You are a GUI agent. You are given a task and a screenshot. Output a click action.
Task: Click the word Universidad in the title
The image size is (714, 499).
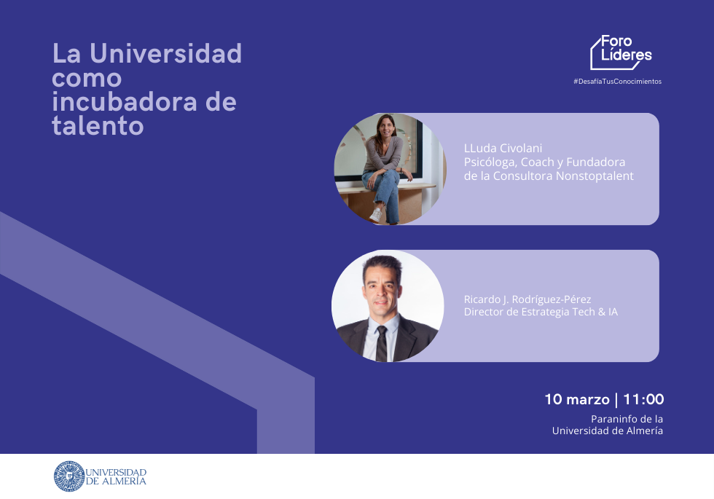166,53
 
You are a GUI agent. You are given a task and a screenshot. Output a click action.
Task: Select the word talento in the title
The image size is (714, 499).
98,125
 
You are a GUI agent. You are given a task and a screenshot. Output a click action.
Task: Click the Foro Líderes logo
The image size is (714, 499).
621,52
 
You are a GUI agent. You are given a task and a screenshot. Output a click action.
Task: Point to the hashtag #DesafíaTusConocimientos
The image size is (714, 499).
618,82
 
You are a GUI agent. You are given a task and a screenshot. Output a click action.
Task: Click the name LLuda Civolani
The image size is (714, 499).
503,148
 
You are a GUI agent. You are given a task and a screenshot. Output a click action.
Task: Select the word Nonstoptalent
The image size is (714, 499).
595,176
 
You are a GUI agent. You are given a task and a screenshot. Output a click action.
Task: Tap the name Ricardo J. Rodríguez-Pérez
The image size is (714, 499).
527,299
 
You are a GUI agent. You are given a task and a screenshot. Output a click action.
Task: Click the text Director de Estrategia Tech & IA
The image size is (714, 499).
541,312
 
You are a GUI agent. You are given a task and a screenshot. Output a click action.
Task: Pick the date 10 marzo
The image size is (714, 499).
577,399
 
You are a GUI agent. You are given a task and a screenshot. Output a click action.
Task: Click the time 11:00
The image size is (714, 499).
643,399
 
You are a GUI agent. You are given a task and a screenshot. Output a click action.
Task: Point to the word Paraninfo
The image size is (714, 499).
613,419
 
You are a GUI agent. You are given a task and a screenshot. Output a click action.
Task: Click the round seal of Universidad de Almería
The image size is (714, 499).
69,476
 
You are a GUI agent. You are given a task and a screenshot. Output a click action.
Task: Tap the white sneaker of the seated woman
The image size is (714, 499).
376,215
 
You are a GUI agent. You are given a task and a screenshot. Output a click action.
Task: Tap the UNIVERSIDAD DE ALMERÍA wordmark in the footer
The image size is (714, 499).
116,476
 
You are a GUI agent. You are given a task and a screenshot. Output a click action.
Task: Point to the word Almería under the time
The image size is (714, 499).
645,431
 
